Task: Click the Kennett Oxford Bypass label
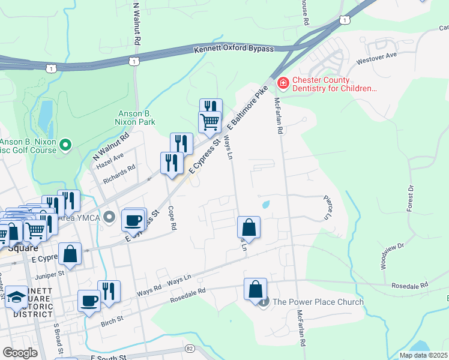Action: [x=234, y=49]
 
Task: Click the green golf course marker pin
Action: [x=66, y=144]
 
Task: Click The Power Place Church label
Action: [x=318, y=302]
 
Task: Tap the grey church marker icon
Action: [x=264, y=302]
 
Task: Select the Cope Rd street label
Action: [x=173, y=219]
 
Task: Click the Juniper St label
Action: [x=49, y=274]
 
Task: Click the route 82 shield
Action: [x=190, y=348]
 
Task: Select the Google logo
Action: [x=20, y=353]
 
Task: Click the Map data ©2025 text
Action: [x=424, y=355]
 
